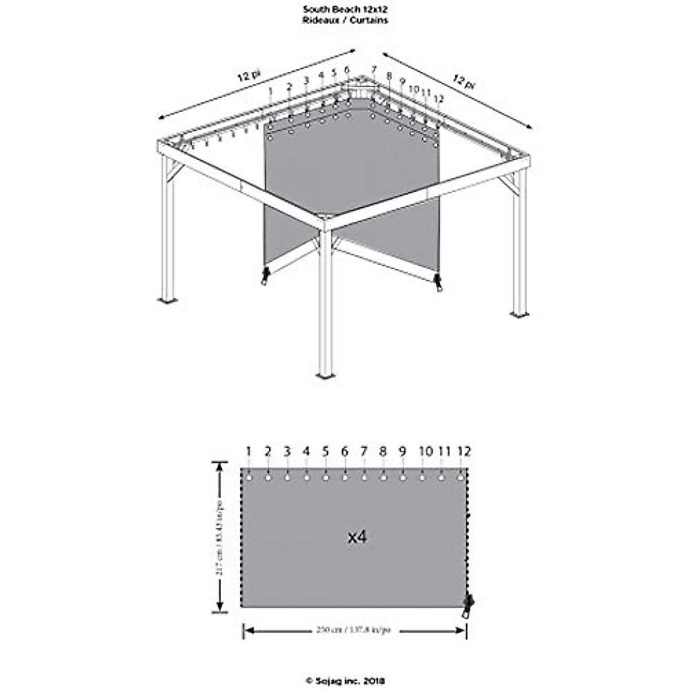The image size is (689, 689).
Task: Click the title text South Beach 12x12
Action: point(345,10)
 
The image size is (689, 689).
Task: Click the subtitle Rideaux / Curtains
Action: point(345,20)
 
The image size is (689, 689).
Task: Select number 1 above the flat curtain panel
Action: point(249,452)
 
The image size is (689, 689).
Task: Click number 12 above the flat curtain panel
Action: point(464,452)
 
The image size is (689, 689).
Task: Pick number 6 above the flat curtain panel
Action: point(344,452)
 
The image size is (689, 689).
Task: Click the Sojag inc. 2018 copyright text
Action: point(345,681)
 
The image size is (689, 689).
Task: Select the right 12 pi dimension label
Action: point(464,82)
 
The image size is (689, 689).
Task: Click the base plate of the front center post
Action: point(326,377)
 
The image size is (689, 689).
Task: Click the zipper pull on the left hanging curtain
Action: point(265,276)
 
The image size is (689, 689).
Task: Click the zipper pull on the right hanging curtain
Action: point(439,282)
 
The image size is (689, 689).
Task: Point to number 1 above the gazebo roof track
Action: point(270,91)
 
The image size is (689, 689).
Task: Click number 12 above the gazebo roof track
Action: point(439,98)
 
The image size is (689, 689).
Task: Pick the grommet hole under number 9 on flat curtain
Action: point(402,477)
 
